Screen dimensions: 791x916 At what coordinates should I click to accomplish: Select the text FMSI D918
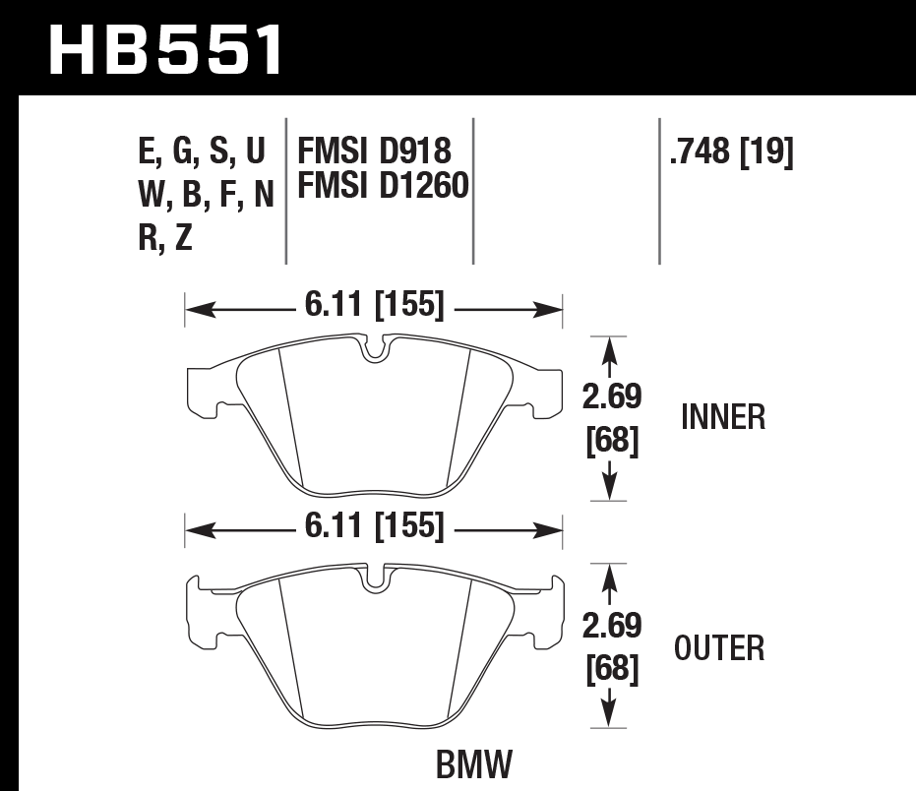pos(374,152)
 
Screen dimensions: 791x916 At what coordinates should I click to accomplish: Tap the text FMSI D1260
pos(382,185)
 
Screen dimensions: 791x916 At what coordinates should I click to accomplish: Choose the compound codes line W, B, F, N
pos(206,195)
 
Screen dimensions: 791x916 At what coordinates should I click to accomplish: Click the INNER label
pos(722,418)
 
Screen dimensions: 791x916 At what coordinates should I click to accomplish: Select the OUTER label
pos(719,648)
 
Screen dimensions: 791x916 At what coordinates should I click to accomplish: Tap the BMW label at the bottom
pos(474,764)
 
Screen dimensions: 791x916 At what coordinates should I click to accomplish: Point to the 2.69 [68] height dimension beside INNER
pos(612,418)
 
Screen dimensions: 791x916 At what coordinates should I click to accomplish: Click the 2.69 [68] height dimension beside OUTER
pos(612,648)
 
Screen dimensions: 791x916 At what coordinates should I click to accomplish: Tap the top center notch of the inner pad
pos(375,348)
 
